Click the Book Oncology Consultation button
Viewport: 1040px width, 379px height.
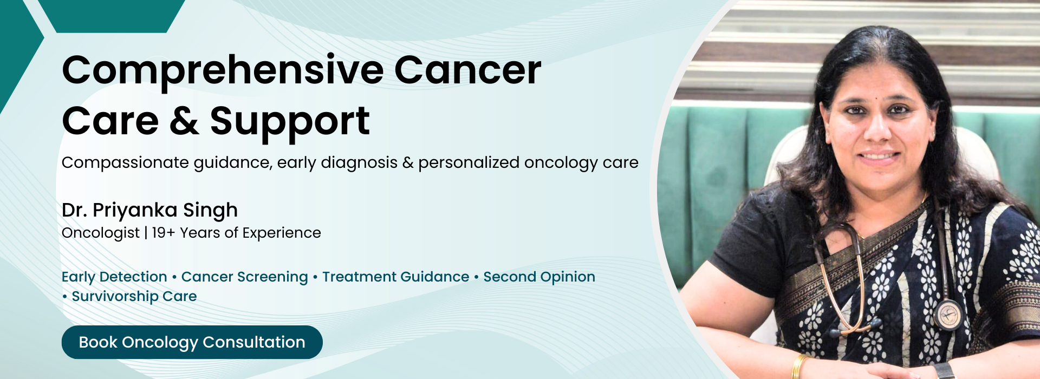tap(192, 342)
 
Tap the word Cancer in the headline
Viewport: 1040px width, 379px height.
tap(467, 70)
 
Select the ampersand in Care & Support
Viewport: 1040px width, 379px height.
tap(184, 121)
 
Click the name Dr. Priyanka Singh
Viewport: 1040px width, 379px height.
tap(150, 210)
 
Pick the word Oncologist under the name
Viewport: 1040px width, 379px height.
tap(101, 233)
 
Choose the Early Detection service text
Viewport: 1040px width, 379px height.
tap(114, 277)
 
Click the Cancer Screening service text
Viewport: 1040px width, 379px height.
tap(244, 277)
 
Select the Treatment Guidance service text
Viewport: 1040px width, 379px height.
tap(396, 277)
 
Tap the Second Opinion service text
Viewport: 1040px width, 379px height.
tap(539, 277)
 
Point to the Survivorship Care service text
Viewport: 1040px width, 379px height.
tap(134, 297)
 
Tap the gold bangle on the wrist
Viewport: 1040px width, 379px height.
tap(798, 366)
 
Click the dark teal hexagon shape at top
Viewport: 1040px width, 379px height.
tap(112, 16)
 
